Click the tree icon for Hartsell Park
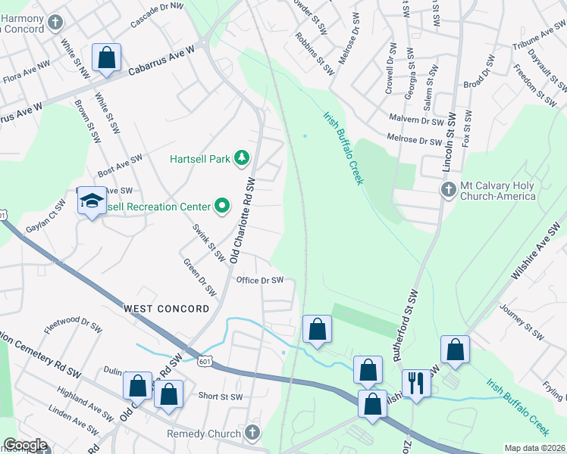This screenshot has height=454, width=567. [x=242, y=157]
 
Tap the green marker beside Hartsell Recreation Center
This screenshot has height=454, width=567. [x=222, y=205]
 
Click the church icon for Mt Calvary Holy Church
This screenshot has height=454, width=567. [x=447, y=188]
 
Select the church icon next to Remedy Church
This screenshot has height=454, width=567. [x=252, y=434]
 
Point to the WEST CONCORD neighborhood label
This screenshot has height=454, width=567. [x=167, y=309]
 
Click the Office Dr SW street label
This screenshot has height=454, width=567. [x=260, y=280]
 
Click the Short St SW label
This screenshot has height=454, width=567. [x=220, y=396]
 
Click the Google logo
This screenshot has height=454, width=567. [x=25, y=446]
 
